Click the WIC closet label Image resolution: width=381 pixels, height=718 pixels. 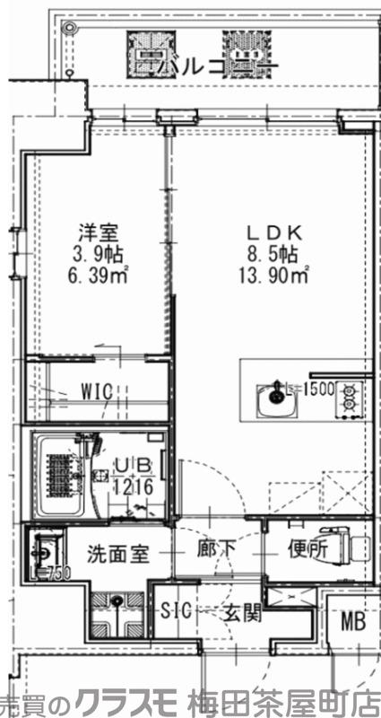96,392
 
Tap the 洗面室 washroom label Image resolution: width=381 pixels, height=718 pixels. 117,554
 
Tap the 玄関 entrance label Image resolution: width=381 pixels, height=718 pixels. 241,613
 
